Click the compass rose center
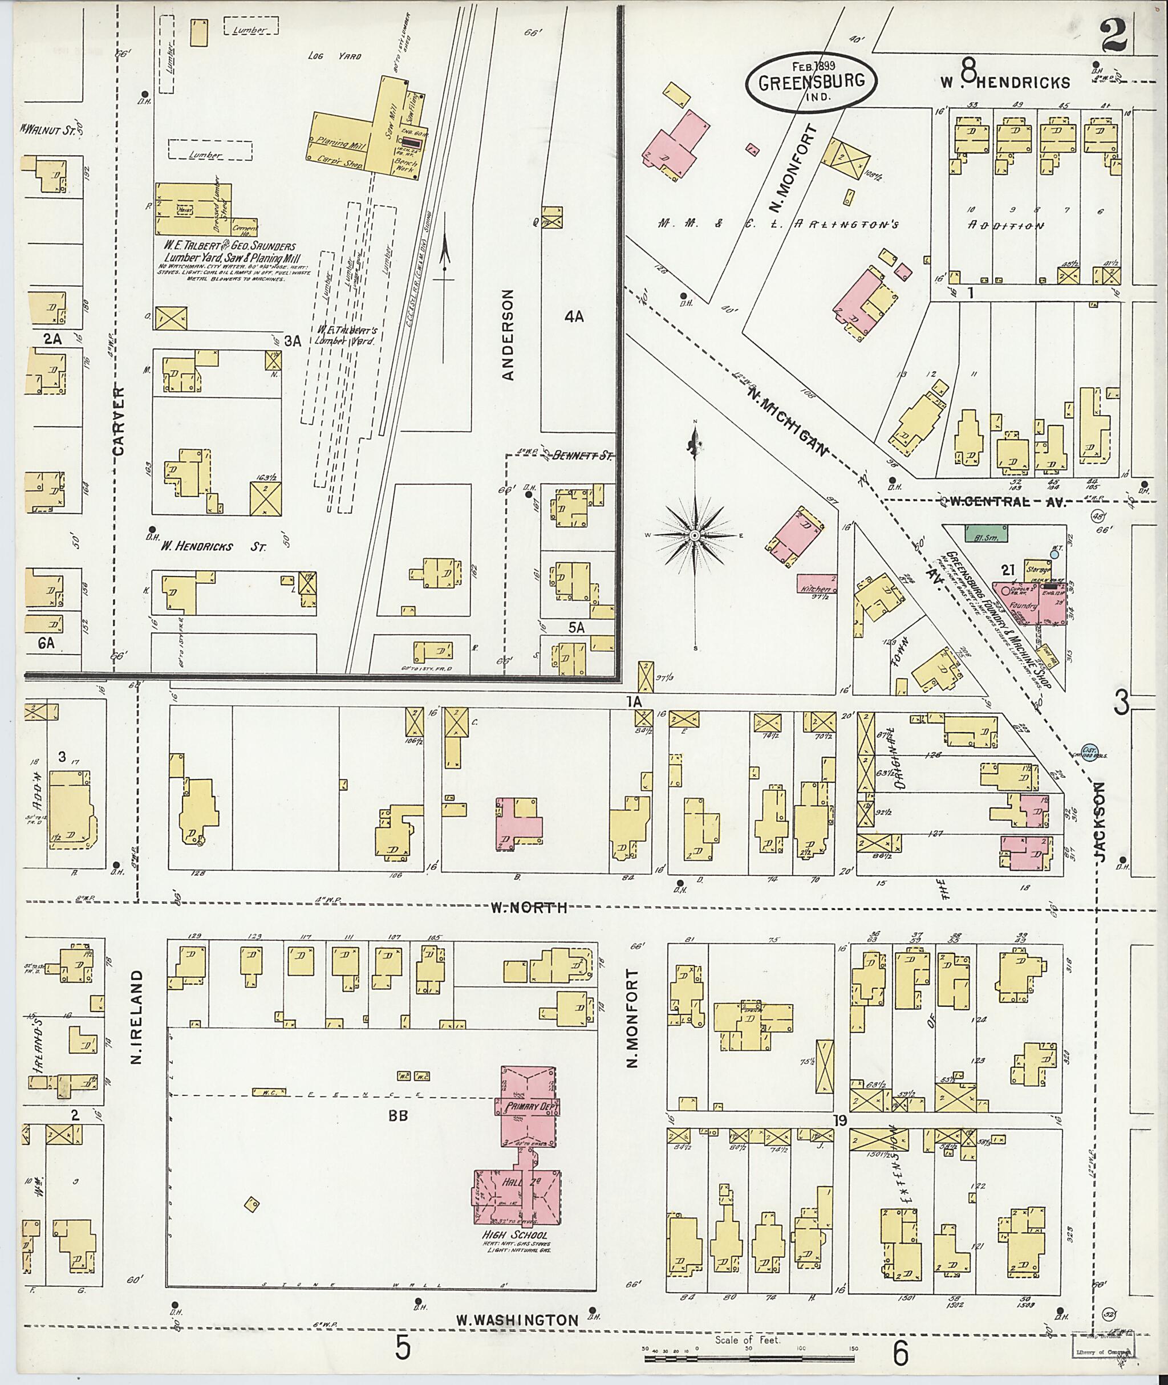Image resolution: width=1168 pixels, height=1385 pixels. click(695, 534)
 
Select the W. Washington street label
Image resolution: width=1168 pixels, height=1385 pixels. click(526, 1321)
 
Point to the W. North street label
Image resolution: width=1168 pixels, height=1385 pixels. click(528, 908)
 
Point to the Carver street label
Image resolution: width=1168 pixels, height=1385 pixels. click(119, 420)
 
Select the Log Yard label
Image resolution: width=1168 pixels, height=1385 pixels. click(334, 56)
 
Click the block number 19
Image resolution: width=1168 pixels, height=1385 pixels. click(840, 1119)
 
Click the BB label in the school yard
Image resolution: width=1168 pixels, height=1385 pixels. click(398, 1115)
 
